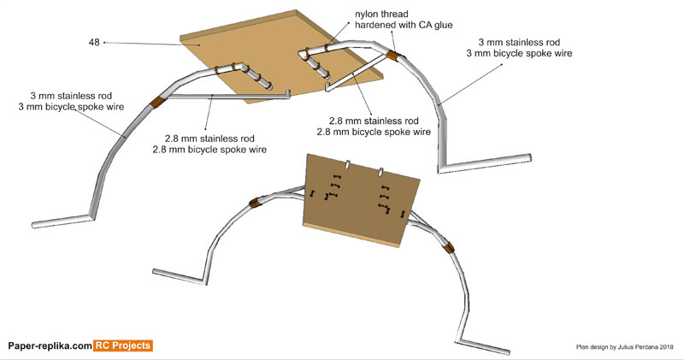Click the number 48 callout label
pyautogui.click(x=93, y=41)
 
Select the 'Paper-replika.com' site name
pyautogui.click(x=49, y=345)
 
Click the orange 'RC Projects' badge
pyautogui.click(x=123, y=345)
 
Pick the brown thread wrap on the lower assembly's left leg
pyautogui.click(x=254, y=204)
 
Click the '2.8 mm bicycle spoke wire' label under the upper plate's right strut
pyautogui.click(x=374, y=132)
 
